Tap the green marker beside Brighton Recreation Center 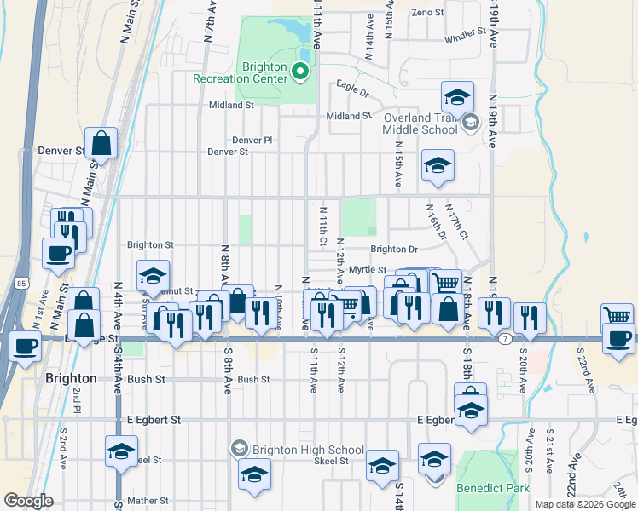(x=300, y=72)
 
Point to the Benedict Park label (x=493, y=488)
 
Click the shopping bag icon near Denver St (x=101, y=145)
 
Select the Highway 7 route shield (x=505, y=340)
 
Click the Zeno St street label (x=427, y=13)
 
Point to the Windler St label (x=465, y=39)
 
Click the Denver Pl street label (x=252, y=140)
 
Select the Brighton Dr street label (x=394, y=250)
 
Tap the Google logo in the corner (x=28, y=501)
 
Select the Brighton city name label (x=70, y=378)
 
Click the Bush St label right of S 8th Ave (x=253, y=380)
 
